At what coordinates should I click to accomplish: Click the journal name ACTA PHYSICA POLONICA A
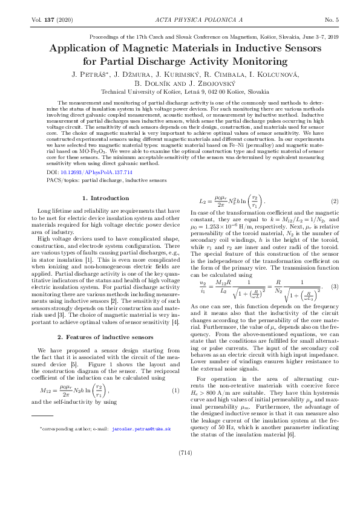181,20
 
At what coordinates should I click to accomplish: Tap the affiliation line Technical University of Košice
179,92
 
